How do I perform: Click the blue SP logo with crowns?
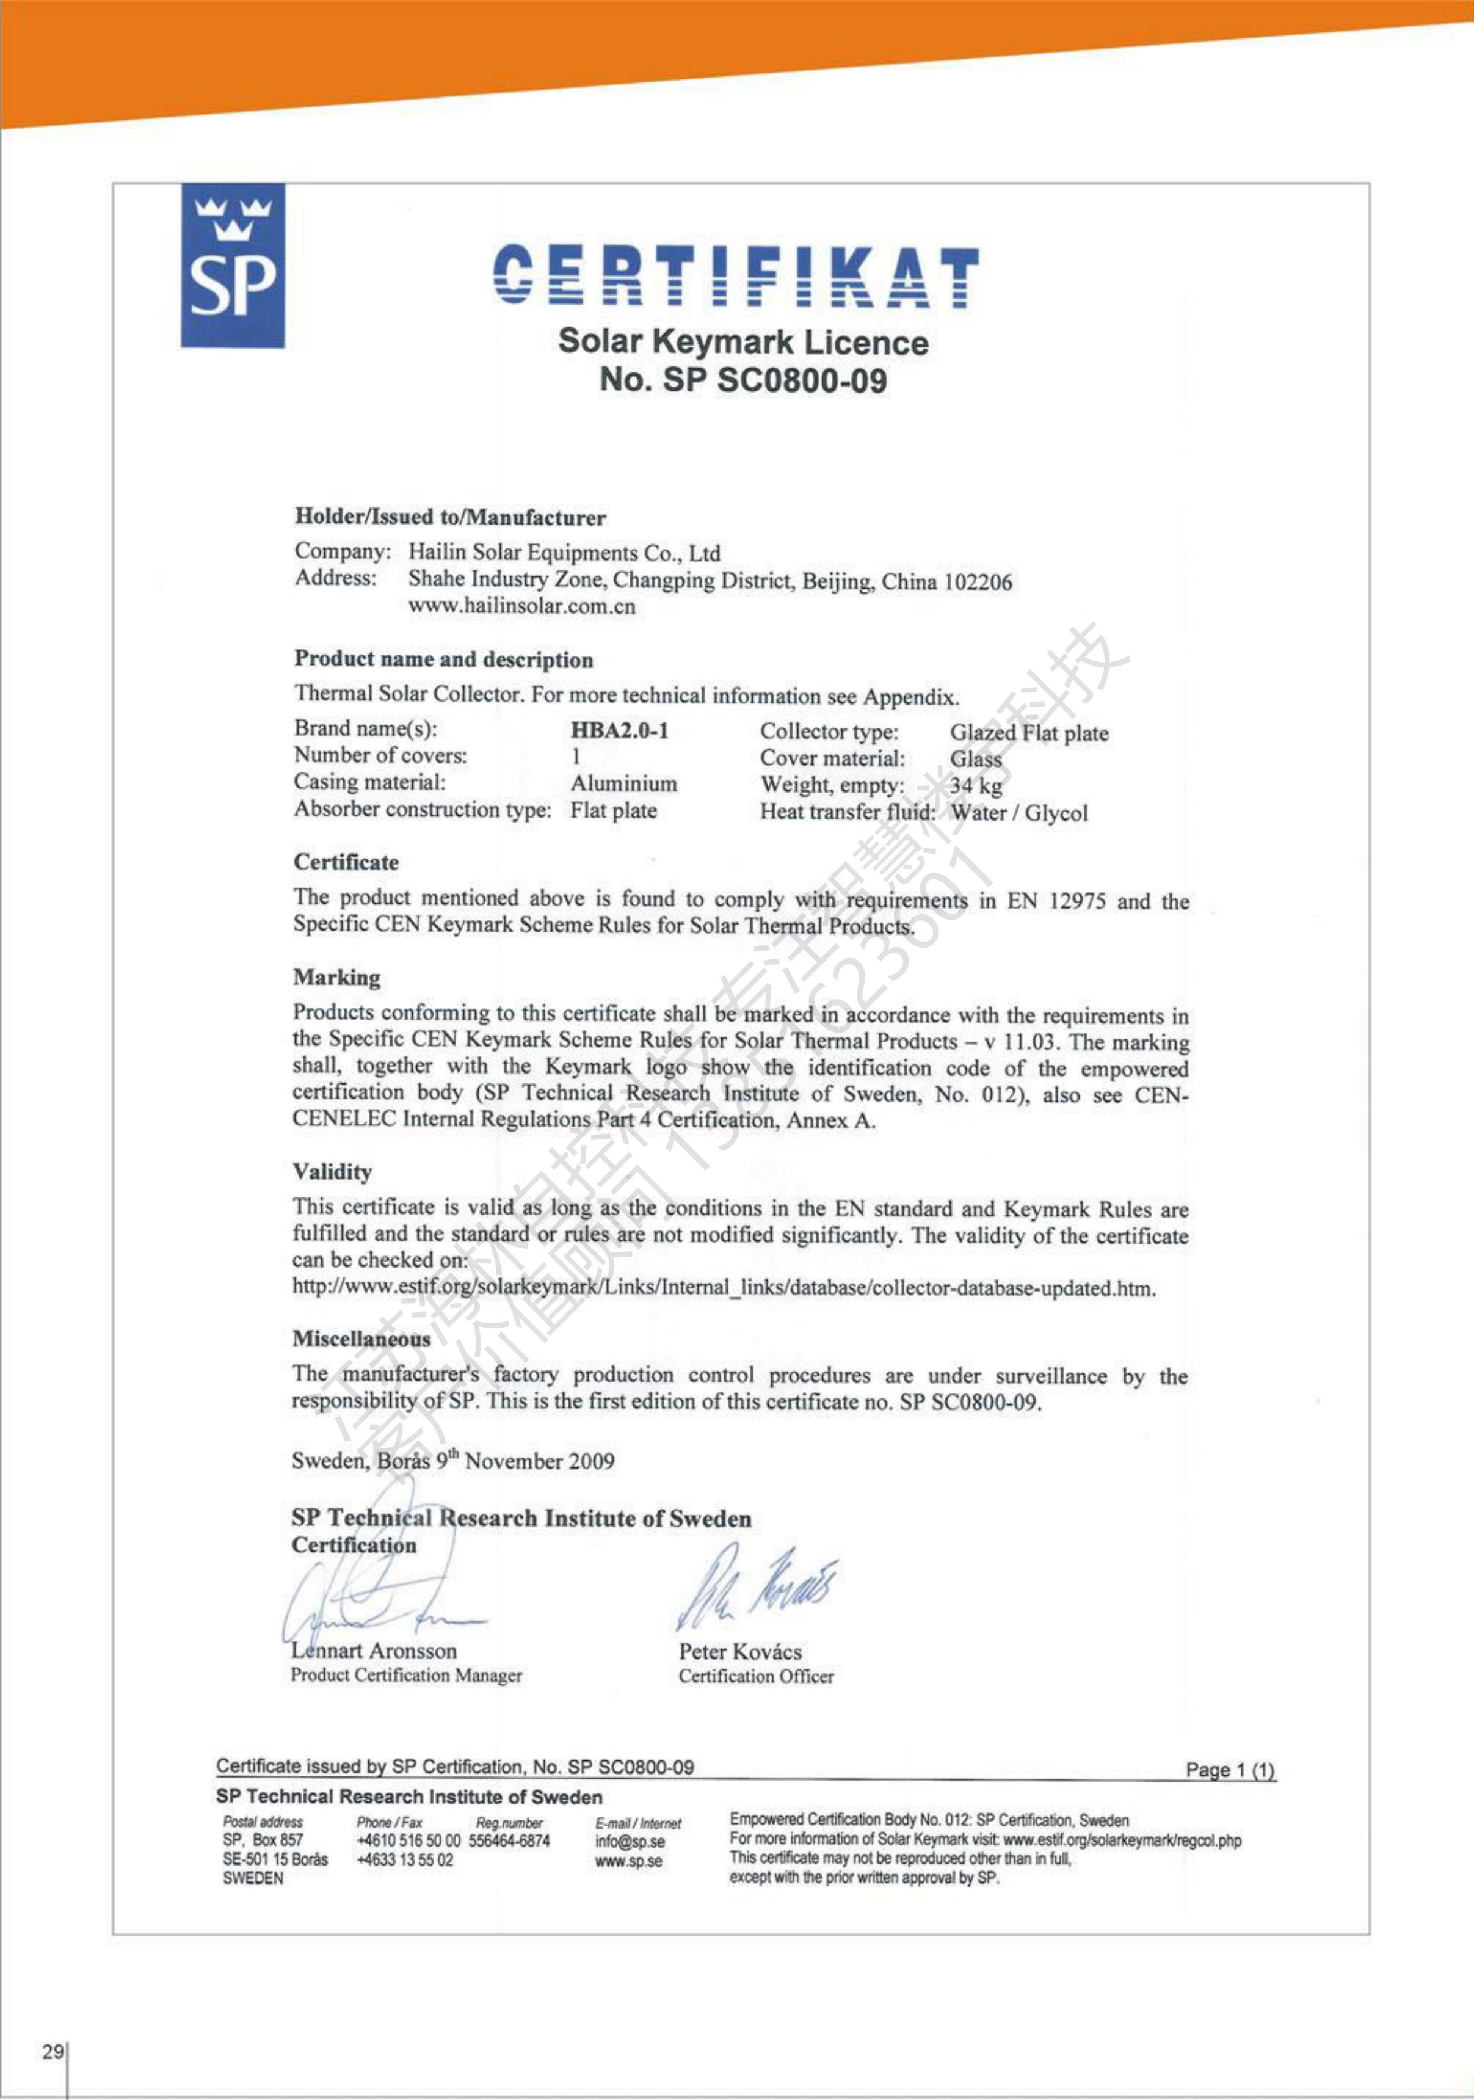coord(232,265)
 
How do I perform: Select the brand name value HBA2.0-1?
coord(619,731)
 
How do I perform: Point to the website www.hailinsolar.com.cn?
coord(521,606)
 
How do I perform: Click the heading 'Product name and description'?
coord(443,659)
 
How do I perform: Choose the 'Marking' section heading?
coord(336,978)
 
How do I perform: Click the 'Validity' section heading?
coord(332,1172)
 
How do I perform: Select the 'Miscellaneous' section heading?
coord(361,1339)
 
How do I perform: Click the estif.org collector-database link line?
coord(724,1288)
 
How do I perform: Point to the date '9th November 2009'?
coord(525,1461)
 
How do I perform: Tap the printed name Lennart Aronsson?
coord(374,1651)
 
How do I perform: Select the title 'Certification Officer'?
coord(756,1677)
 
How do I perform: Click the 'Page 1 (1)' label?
coord(1230,1770)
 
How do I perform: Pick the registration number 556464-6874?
coord(509,1841)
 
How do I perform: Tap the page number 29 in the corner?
coord(52,2052)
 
